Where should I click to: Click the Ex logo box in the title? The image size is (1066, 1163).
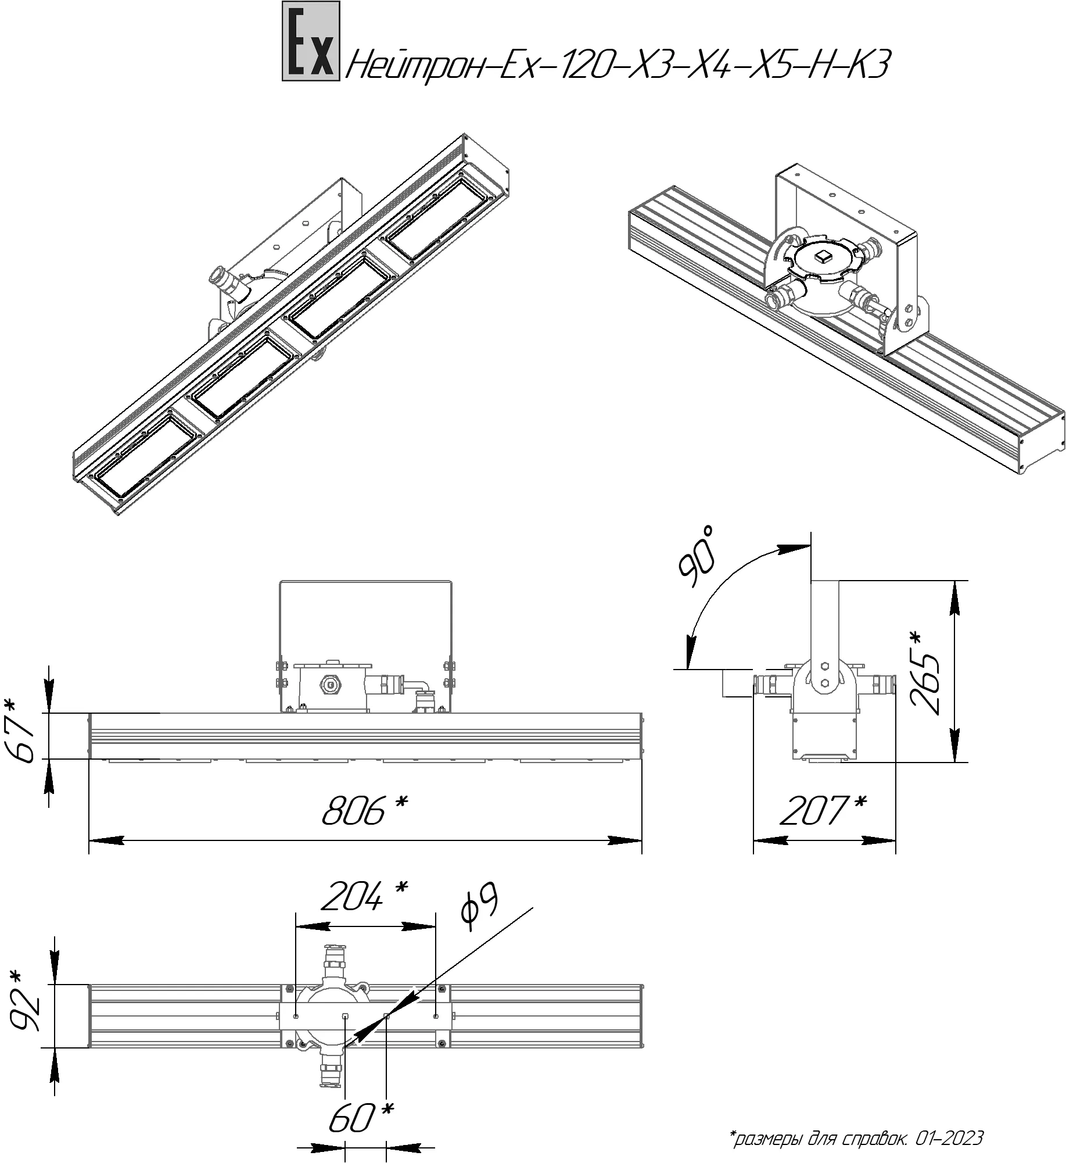(310, 41)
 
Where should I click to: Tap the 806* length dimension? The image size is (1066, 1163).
(364, 810)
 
